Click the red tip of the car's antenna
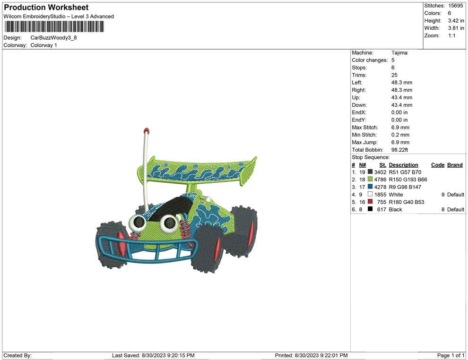click(146, 131)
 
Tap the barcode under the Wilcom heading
click(54, 26)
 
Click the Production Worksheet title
click(46, 7)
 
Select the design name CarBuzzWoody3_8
click(53, 38)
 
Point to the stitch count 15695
click(455, 6)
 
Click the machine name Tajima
click(399, 52)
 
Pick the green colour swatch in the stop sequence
click(370, 179)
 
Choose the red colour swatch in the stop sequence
click(370, 202)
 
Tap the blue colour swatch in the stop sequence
click(370, 187)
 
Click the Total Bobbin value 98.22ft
click(399, 150)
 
